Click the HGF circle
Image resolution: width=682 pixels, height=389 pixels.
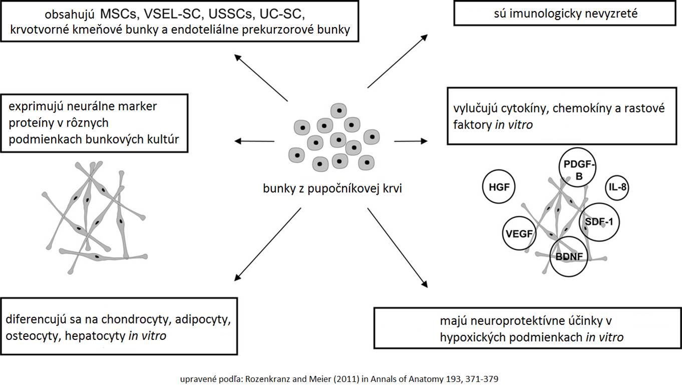[498, 187]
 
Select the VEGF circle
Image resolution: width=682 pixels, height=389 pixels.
[518, 233]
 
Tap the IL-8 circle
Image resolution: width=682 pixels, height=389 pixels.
[617, 188]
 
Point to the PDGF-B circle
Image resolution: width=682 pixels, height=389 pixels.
[579, 168]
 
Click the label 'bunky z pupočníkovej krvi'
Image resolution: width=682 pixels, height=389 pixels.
[332, 189]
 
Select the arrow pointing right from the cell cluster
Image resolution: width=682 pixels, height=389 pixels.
[411, 142]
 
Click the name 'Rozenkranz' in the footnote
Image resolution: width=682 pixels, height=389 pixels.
[263, 379]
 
